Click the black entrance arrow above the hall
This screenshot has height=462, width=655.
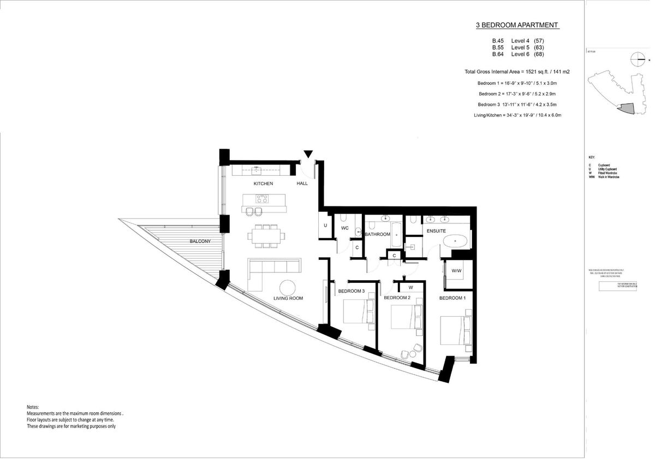(x=308, y=155)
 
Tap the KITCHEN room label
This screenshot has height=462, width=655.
(x=263, y=183)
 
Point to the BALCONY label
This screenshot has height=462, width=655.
(x=200, y=241)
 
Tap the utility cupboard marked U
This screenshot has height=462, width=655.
(x=325, y=225)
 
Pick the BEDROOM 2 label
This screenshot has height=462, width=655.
(x=397, y=298)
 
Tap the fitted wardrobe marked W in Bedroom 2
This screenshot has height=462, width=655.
(x=410, y=287)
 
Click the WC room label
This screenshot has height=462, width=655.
(x=345, y=228)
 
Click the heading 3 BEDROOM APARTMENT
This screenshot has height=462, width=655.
(x=517, y=25)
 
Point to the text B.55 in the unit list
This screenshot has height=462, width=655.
(x=498, y=48)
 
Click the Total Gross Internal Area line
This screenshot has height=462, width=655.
(x=517, y=72)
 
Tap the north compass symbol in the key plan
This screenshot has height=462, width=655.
(x=637, y=58)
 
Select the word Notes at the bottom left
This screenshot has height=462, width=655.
(x=33, y=407)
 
